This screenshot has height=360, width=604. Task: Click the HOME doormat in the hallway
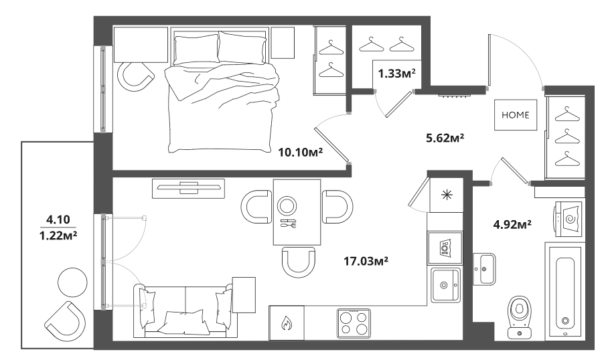(x=516, y=114)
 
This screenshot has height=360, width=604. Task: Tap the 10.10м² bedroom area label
(x=301, y=153)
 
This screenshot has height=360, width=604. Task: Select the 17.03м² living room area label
(x=366, y=262)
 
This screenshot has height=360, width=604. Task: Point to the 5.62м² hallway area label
(x=445, y=137)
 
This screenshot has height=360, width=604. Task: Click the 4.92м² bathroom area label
(x=512, y=223)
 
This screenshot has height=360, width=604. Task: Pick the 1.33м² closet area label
(x=397, y=73)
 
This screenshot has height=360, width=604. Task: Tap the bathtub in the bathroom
(x=565, y=290)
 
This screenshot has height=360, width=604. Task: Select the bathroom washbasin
(x=484, y=269)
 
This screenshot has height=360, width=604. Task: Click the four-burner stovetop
(x=354, y=323)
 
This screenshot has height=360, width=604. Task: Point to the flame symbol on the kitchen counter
(x=286, y=323)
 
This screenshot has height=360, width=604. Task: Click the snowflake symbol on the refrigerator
(x=447, y=195)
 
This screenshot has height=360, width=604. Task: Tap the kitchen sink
(x=445, y=285)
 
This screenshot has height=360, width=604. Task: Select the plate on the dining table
(x=287, y=206)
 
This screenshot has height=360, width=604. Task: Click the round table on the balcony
(x=72, y=282)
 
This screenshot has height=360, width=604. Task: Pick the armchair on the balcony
(x=65, y=322)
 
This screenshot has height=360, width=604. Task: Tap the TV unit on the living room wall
(x=188, y=189)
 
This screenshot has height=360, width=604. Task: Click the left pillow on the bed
(x=196, y=50)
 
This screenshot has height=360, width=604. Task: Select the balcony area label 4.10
(x=58, y=220)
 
